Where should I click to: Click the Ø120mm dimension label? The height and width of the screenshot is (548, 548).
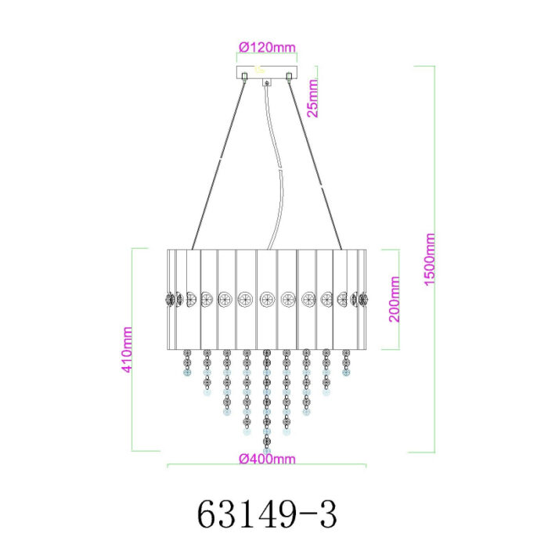coord(267,47)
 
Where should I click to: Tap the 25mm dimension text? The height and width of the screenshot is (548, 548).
coord(313,98)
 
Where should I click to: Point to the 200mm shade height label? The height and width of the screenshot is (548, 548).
coord(394,299)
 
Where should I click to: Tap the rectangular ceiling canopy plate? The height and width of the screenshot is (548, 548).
coord(267,75)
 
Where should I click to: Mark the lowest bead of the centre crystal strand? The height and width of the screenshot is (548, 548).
coord(267,450)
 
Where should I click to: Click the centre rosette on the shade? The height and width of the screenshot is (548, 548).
coord(267,298)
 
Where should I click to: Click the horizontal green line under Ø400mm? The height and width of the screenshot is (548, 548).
coord(267,466)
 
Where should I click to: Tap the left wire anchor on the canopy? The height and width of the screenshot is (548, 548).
coord(245,76)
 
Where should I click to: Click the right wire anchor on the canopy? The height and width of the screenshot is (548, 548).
coord(290,76)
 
